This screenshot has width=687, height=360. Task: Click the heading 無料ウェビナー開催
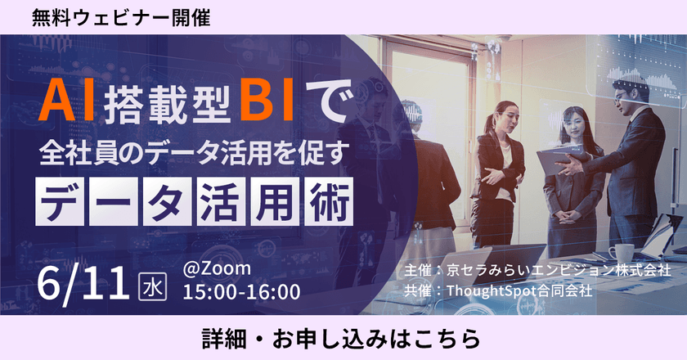(122, 17)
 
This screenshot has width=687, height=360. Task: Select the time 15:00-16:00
(242, 291)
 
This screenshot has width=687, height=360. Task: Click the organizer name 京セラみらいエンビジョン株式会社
(558, 269)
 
